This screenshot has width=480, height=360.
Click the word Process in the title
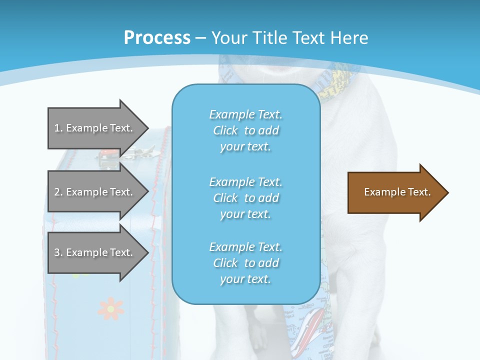pos(157,38)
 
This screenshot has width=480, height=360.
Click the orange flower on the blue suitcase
pos(110,308)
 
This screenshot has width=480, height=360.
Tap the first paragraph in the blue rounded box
pos(245,130)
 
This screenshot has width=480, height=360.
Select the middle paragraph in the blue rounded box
pos(245,197)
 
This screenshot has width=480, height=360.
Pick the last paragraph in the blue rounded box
pos(245,263)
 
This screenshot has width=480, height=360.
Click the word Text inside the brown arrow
pos(420,192)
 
